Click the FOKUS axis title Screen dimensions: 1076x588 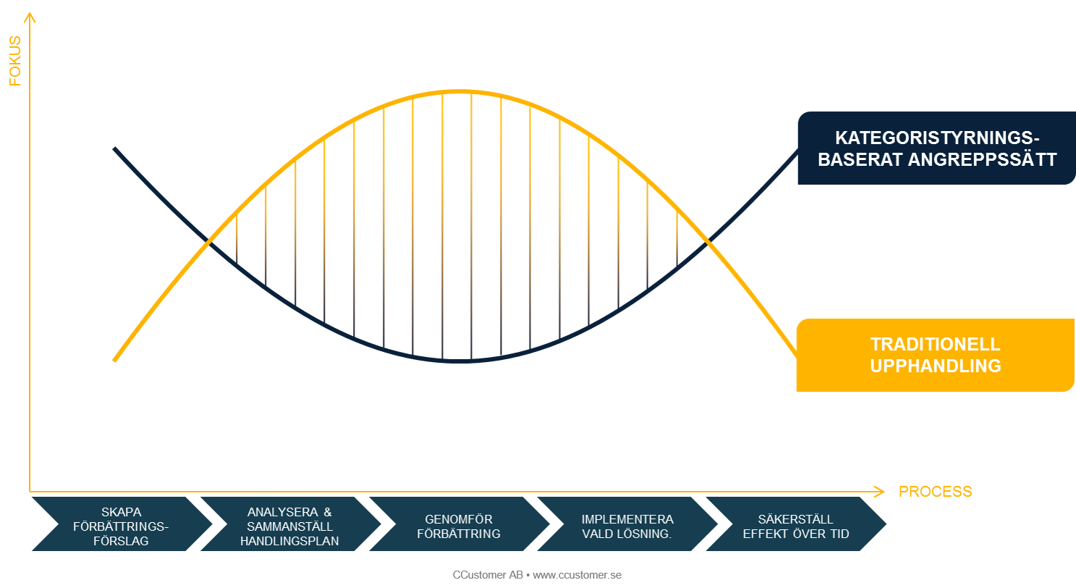[15, 61]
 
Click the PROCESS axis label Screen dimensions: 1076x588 [935, 492]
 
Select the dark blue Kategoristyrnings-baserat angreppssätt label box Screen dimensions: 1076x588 [936, 148]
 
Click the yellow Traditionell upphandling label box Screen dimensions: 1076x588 [935, 355]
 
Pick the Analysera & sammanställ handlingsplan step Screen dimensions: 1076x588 [290, 524]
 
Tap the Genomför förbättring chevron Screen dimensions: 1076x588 [459, 524]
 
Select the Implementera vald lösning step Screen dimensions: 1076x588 [627, 524]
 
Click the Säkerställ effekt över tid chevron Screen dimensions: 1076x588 [796, 524]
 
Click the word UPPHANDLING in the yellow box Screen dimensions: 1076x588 [935, 366]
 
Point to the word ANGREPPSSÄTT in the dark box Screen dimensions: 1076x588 [982, 159]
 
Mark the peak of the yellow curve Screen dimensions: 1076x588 [459, 91]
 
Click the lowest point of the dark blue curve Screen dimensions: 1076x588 [459, 361]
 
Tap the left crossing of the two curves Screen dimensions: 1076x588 [209, 241]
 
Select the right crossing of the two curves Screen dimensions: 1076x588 [708, 241]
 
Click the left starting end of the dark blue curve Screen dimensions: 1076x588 [114, 148]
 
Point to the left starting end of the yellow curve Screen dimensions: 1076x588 [114, 360]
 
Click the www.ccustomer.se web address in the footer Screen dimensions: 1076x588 [577, 575]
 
